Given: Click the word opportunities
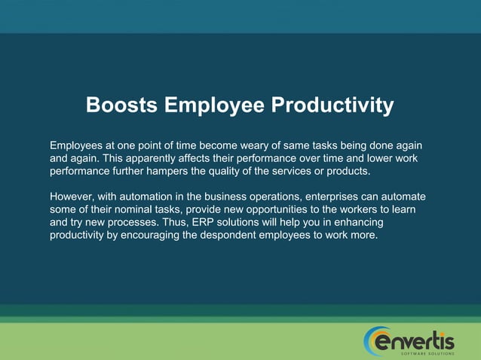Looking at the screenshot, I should click(x=276, y=210).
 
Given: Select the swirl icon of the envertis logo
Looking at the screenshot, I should click(x=375, y=341).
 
